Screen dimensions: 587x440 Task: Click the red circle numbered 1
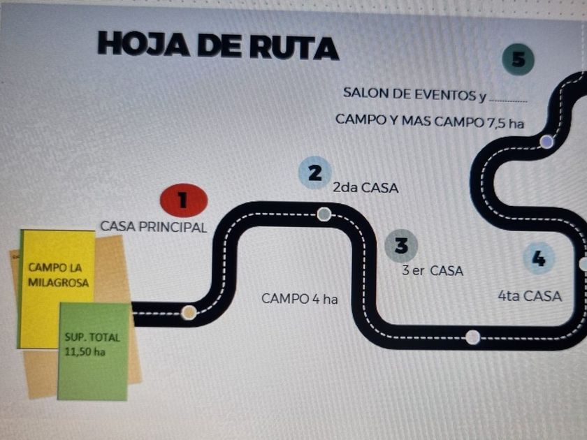(184, 200)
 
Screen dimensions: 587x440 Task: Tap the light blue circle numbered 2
(315, 173)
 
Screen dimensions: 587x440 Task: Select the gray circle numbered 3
(401, 246)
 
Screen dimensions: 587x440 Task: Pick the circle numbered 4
(539, 258)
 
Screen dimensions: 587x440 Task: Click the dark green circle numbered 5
(518, 59)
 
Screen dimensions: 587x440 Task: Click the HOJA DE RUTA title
(218, 45)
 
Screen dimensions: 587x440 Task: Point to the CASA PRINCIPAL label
(154, 227)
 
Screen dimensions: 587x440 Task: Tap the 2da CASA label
(365, 187)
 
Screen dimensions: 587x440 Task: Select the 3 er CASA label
(433, 270)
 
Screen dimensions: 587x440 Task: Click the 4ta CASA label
(530, 296)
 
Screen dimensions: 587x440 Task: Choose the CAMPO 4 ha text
(300, 299)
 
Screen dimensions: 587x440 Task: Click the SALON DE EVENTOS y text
(414, 94)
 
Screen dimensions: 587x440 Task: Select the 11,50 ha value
(85, 352)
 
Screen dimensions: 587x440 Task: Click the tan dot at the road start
(189, 312)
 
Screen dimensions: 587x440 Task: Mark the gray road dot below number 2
(324, 214)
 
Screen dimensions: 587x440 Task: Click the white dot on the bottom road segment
(472, 337)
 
